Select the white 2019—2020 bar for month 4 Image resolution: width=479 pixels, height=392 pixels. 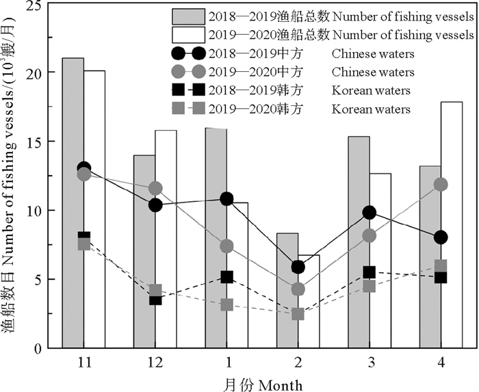pyautogui.click(x=451, y=225)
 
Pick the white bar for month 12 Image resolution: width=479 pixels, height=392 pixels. pyautogui.click(x=166, y=239)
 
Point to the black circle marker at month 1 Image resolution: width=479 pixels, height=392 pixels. pyautogui.click(x=226, y=199)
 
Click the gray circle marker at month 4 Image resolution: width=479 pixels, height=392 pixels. pyautogui.click(x=440, y=185)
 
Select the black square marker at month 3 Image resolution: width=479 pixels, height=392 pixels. pyautogui.click(x=369, y=272)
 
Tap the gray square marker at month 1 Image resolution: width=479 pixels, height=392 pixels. pyautogui.click(x=226, y=305)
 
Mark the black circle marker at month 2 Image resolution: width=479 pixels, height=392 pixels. pyautogui.click(x=298, y=267)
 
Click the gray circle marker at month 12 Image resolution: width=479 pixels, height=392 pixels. pyautogui.click(x=155, y=188)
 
